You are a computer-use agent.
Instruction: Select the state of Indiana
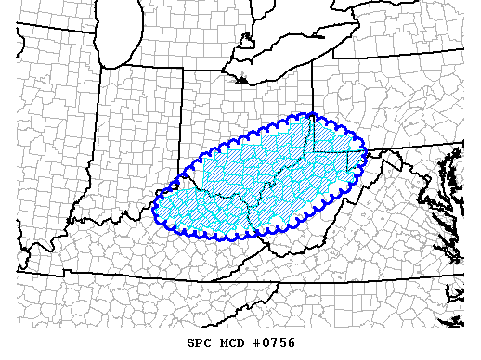pos(139,139)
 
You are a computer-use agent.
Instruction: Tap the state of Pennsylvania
pos(390,102)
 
